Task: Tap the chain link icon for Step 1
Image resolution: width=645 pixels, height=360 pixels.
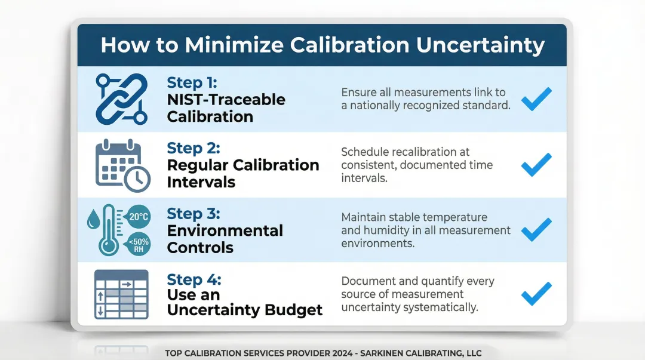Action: [121, 99]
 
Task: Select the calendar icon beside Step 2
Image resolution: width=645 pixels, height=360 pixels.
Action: [118, 164]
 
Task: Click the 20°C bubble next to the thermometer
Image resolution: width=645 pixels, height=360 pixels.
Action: [139, 217]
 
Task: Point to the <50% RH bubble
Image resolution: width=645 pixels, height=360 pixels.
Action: [139, 244]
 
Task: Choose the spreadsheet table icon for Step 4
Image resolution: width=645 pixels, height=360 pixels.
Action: [121, 294]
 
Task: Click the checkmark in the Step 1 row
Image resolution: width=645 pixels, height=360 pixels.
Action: [536, 99]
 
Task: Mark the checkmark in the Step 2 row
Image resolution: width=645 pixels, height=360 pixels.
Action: [536, 164]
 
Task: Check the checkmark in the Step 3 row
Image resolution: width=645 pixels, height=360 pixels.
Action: [536, 229]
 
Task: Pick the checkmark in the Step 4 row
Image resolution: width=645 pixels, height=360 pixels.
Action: [536, 294]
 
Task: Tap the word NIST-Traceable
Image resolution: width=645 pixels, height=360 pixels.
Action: [226, 100]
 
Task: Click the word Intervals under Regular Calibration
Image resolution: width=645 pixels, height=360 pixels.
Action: [201, 182]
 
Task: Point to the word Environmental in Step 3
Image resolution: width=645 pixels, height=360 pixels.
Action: [225, 230]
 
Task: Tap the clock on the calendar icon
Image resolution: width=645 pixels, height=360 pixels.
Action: [138, 177]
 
